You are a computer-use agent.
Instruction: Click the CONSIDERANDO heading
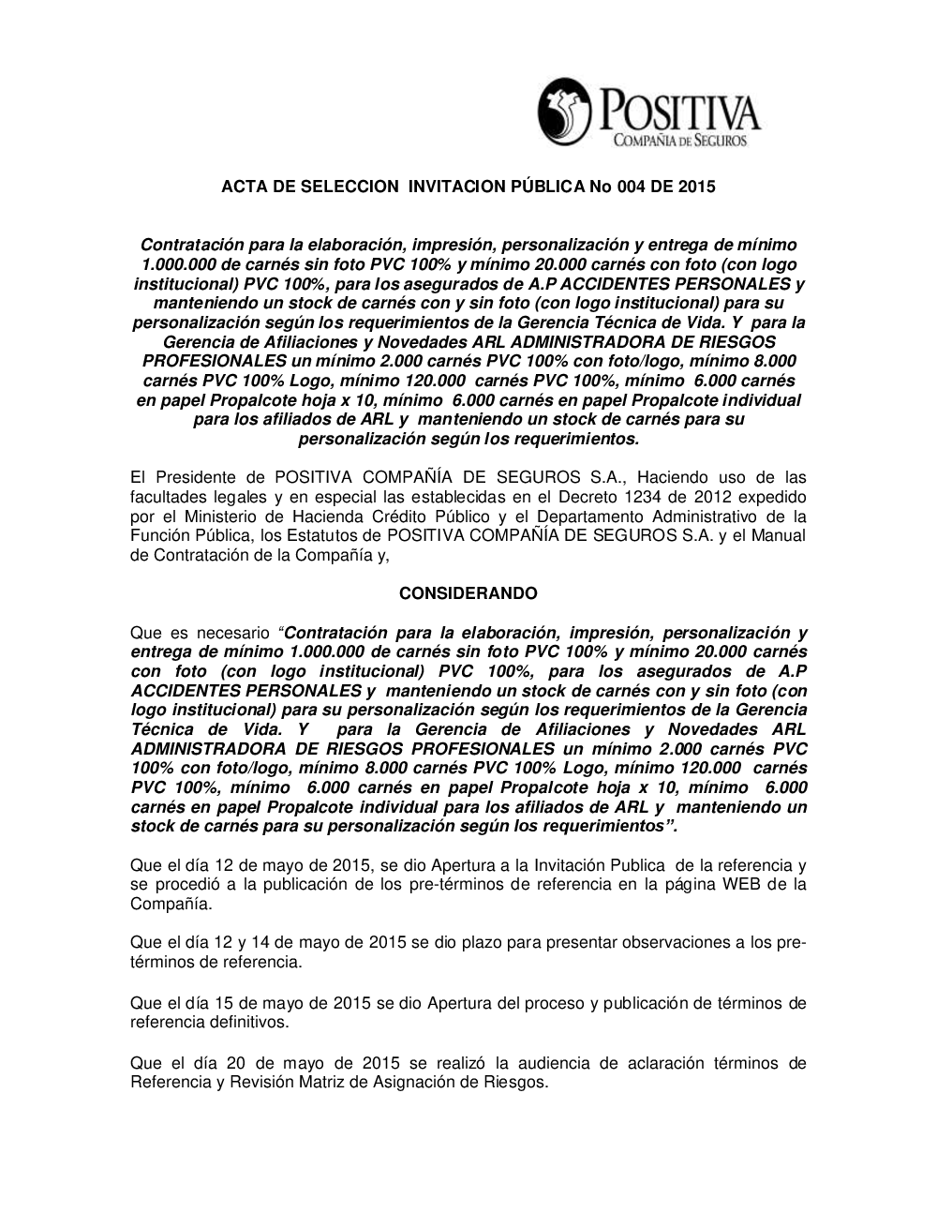pos(468,593)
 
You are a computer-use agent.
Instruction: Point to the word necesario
pos(227,633)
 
